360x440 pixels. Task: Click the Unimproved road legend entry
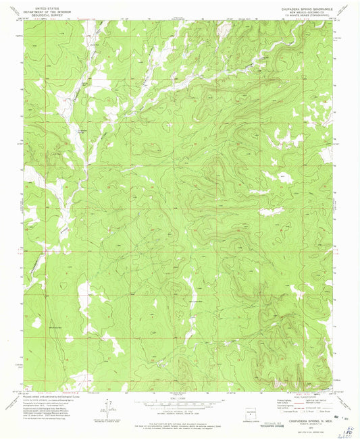point(317,408)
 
